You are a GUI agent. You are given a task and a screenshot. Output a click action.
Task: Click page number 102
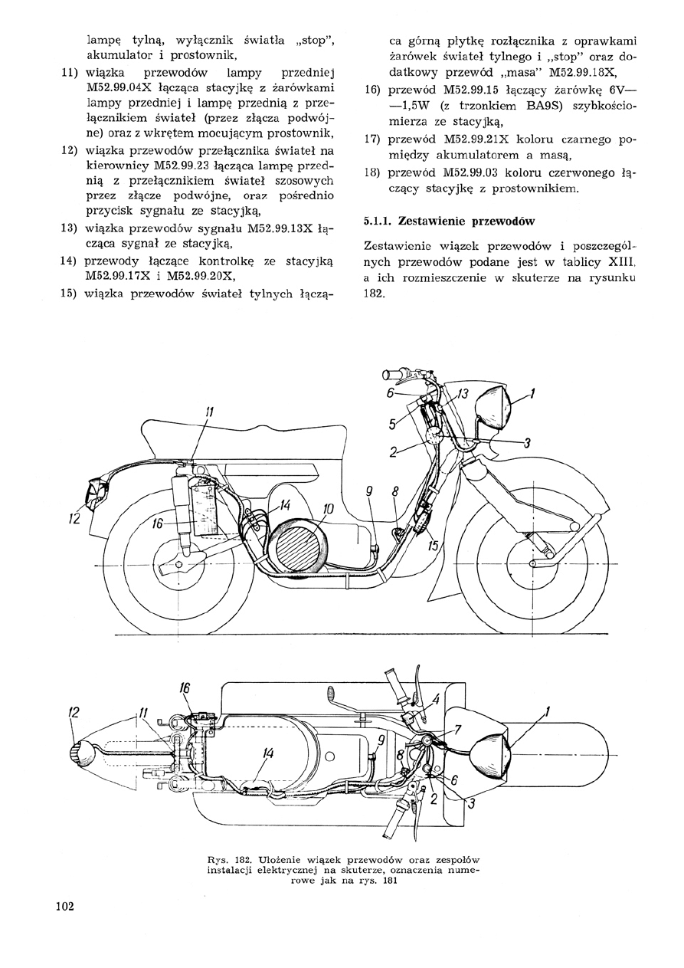tap(64, 907)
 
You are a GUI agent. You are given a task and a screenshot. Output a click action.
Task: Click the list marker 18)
tap(373, 172)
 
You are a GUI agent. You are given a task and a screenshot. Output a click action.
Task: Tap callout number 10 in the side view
tap(328, 508)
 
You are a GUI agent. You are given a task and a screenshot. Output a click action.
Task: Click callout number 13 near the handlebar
tap(462, 394)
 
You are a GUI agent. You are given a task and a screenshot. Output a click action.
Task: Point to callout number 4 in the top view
tap(435, 698)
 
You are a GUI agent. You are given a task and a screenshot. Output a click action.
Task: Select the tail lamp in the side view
tap(98, 493)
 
